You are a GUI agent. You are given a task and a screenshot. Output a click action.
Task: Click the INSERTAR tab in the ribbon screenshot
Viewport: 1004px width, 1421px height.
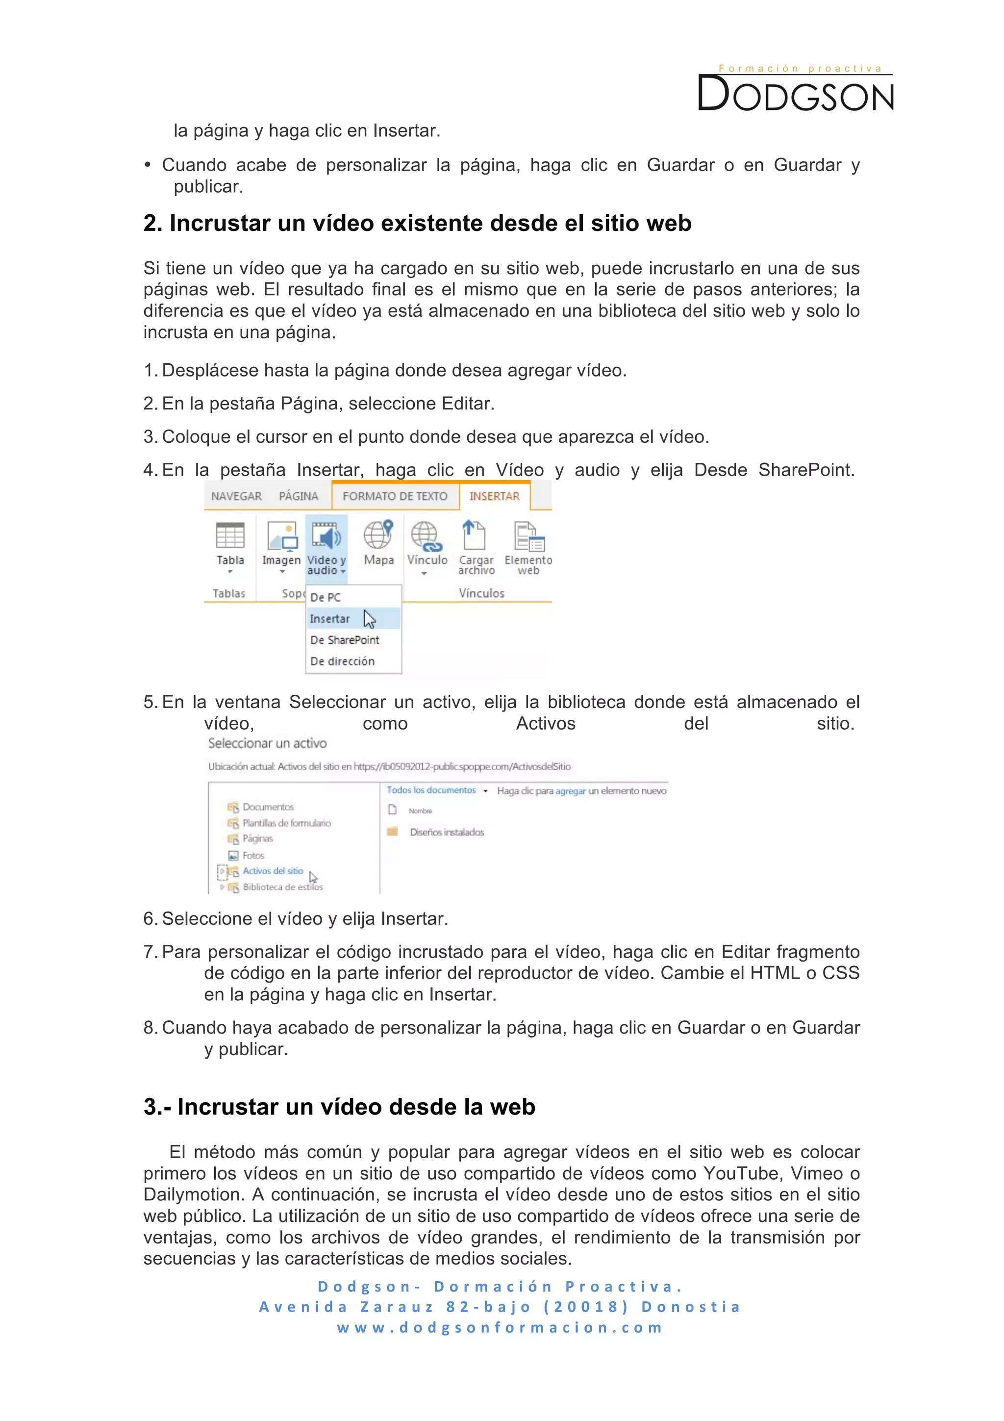[x=494, y=496]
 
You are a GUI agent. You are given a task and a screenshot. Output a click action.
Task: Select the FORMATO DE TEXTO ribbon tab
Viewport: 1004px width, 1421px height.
[x=395, y=496]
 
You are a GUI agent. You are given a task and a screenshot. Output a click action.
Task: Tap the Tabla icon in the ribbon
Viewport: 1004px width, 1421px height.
[x=229, y=536]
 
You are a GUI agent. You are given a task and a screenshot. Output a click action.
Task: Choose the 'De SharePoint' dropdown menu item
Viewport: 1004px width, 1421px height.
[x=345, y=640]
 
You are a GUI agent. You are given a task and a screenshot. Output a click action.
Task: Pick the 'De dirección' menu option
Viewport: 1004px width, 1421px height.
[x=342, y=661]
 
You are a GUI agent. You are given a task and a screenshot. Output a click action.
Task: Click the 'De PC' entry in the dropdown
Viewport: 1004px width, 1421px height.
[x=326, y=597]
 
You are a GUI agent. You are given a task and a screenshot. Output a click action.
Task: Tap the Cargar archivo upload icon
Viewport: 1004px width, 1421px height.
[x=475, y=535]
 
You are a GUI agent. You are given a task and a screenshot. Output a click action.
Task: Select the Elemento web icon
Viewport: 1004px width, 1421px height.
[x=528, y=536]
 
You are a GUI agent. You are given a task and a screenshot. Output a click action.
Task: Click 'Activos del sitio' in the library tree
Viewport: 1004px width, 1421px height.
[x=273, y=871]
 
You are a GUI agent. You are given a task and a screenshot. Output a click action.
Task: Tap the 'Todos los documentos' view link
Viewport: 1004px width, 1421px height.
[x=431, y=790]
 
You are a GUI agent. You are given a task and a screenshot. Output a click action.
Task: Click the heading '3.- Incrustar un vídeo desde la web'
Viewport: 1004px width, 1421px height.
[x=339, y=1107]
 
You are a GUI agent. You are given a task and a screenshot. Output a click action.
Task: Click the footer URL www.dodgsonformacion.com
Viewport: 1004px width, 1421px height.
[x=501, y=1327]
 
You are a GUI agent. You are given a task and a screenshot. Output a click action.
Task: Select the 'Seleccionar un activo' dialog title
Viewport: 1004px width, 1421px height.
[x=267, y=743]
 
